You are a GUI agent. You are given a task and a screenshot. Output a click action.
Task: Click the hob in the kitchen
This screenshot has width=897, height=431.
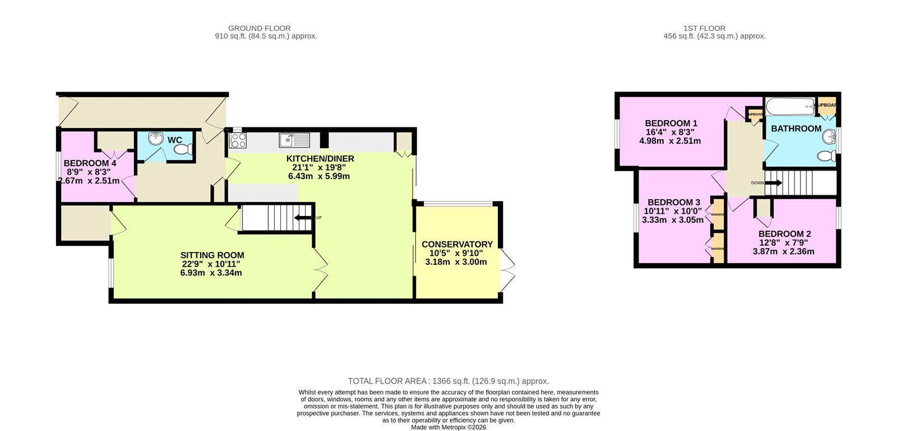click(x=237, y=140)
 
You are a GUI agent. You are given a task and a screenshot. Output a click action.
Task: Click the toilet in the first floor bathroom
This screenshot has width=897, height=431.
click(x=825, y=155)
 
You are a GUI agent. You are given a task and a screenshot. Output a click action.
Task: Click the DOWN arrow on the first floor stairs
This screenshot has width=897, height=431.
click(x=773, y=182)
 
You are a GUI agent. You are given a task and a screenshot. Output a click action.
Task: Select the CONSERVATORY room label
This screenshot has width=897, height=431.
click(x=457, y=244)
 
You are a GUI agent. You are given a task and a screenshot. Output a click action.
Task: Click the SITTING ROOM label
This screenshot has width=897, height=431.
click(x=212, y=255)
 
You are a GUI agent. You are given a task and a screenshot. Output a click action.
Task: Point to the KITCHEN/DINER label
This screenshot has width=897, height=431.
click(x=320, y=159)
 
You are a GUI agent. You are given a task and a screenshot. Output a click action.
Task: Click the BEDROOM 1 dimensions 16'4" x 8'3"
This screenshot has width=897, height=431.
click(x=671, y=132)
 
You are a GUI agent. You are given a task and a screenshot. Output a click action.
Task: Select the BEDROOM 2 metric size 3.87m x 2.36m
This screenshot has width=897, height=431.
click(x=784, y=251)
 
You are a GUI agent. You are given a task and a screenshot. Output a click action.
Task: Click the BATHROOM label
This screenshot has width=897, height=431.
click(x=796, y=129)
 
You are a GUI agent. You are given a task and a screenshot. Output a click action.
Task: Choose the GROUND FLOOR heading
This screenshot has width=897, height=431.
click(x=260, y=28)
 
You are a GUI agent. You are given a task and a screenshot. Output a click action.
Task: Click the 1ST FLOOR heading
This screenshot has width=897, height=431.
click(x=704, y=28)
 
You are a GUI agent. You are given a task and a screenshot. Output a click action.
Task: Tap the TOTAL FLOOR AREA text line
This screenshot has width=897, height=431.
click(x=449, y=381)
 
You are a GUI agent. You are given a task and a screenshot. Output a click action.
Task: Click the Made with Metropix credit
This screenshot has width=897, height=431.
click(x=449, y=427)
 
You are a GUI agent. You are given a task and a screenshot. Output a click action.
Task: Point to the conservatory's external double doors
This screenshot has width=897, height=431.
click(x=506, y=270)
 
